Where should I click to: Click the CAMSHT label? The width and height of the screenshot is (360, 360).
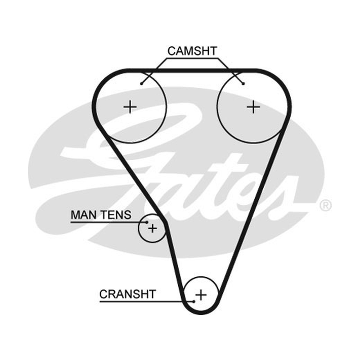coord(192,51)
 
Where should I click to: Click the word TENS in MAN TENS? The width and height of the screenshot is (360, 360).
coord(116,215)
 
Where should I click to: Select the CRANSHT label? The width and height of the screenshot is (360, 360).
coord(128,294)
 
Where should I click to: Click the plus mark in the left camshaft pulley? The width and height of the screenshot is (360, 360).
coord(130,107)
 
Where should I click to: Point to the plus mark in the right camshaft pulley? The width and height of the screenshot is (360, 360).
coord(253,107)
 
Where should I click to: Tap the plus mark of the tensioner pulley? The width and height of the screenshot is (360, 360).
coord(153,229)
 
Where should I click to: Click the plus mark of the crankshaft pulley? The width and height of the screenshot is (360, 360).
coord(201,295)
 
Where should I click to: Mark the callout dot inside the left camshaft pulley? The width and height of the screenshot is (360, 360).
coord(142,84)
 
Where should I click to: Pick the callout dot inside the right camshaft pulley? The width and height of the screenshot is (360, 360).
coord(243,84)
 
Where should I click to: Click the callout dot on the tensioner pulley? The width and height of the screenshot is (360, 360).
coord(147,222)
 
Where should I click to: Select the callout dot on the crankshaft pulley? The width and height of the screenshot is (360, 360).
coord(194,301)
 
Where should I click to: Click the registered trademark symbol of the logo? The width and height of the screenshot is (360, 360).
coord(325,205)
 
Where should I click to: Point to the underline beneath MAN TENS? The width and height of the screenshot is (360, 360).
coord(108,222)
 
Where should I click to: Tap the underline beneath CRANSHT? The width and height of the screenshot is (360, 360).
coord(147,301)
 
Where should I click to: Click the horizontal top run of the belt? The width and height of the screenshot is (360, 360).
coord(192,71)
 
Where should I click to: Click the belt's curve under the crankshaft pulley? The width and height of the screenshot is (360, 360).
coord(201,312)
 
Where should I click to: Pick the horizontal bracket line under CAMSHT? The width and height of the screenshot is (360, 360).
coord(192,58)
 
